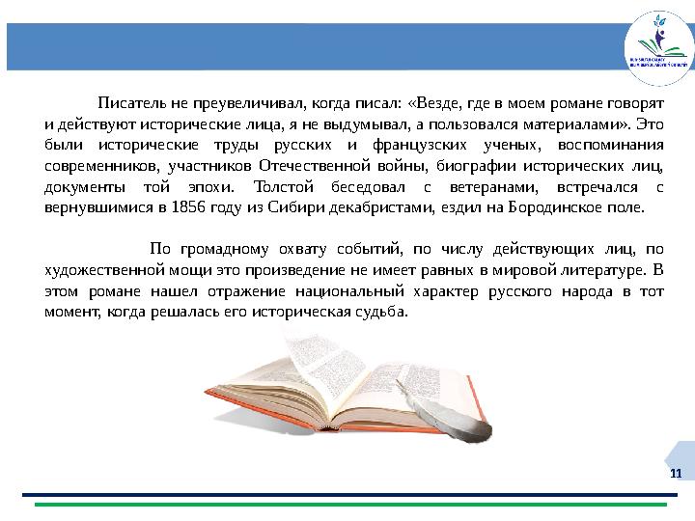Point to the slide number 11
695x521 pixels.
(675, 473)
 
